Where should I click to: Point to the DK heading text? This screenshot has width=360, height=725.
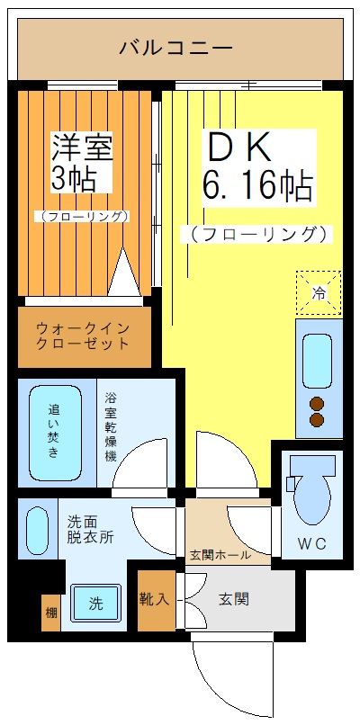coord(237,147)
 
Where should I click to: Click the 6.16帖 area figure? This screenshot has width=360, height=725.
coord(258,187)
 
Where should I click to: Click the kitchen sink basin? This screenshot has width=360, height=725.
coord(316,360)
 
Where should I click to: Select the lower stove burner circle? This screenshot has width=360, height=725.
coord(317,420)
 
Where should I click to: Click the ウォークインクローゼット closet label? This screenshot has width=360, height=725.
coord(84,336)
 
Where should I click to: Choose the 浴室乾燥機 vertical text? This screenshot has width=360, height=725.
coord(111,427)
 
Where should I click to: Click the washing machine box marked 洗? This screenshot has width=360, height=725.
coord(94,604)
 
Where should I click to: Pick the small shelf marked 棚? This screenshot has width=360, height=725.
coord(50,613)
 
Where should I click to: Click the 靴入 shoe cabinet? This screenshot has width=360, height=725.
coord(155,598)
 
